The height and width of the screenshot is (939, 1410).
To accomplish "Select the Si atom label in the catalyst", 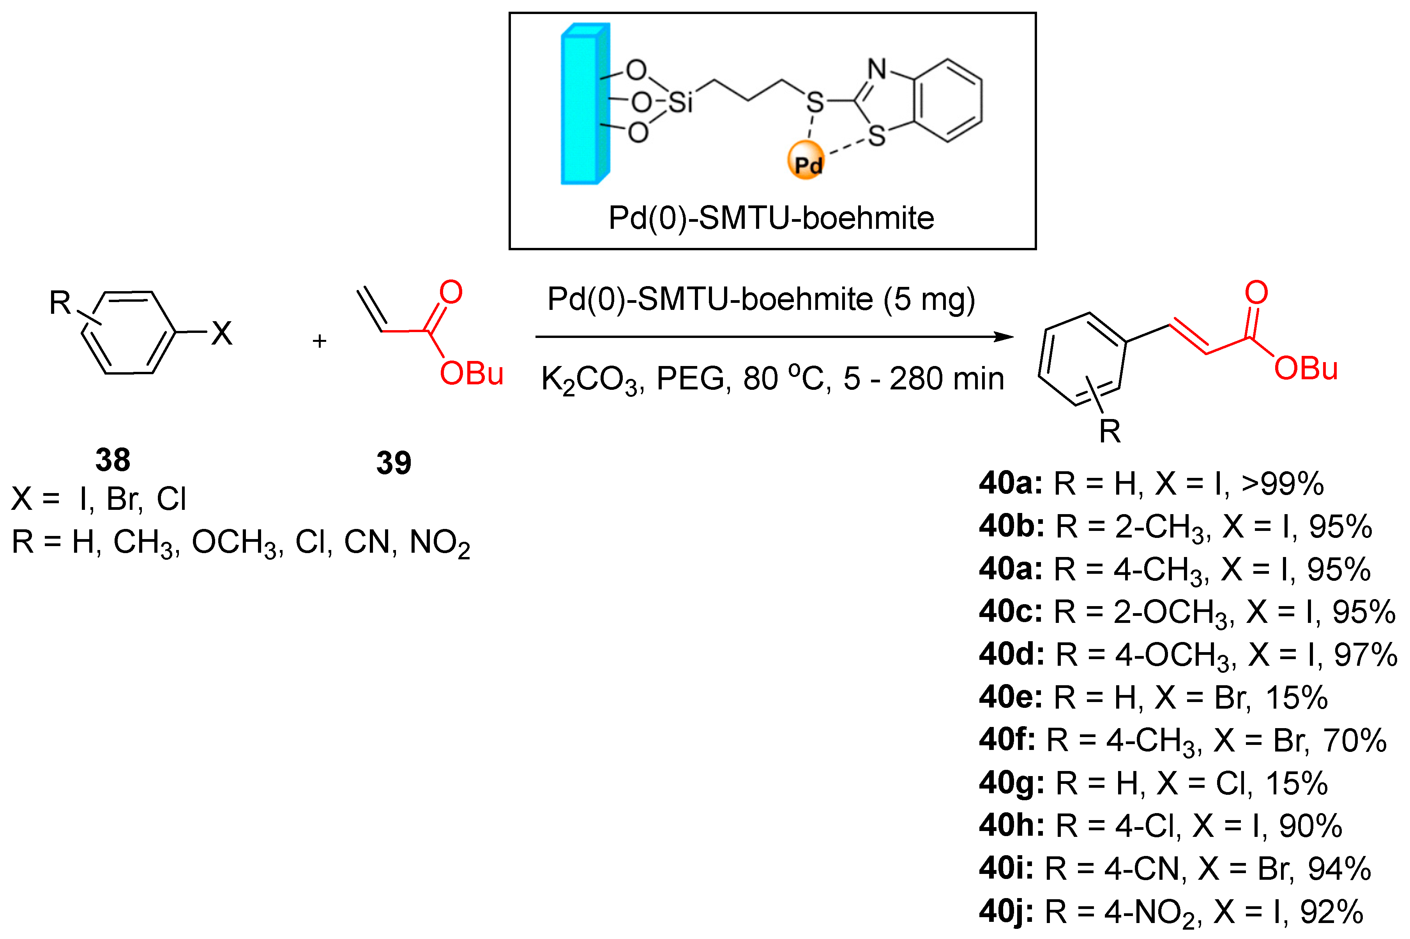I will (680, 103).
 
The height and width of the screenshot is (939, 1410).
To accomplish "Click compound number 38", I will (113, 460).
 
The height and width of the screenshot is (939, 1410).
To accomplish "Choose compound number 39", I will (393, 463).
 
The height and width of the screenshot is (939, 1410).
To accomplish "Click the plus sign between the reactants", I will (319, 341).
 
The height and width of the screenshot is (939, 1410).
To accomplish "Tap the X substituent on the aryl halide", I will (221, 333).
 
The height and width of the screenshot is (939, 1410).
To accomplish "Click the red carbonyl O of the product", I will (1256, 292).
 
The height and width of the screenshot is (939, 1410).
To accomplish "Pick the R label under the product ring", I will (1110, 431).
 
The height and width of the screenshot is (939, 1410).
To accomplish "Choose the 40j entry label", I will (1006, 911).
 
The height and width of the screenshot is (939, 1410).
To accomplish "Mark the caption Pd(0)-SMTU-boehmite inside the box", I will (771, 218).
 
